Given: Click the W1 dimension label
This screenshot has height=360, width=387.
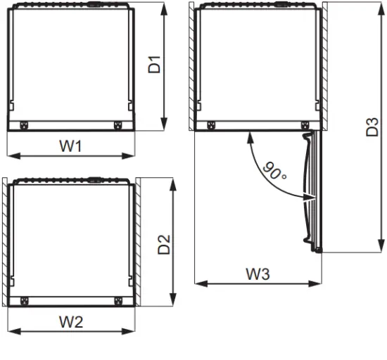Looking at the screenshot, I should click(70, 146).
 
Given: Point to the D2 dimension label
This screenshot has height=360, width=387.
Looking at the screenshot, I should click(164, 243).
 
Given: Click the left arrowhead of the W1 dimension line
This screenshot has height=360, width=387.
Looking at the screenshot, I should click(10, 156).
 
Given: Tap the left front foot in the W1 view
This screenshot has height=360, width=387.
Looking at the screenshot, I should click(25, 126).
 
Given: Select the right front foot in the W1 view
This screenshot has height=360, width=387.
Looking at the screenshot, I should click(116, 126).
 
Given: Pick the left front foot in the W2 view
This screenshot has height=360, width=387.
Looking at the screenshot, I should click(25, 302).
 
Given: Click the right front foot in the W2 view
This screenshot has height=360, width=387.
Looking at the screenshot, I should click(116, 302).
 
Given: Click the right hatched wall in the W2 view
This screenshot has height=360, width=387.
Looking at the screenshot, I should click(137, 243).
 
